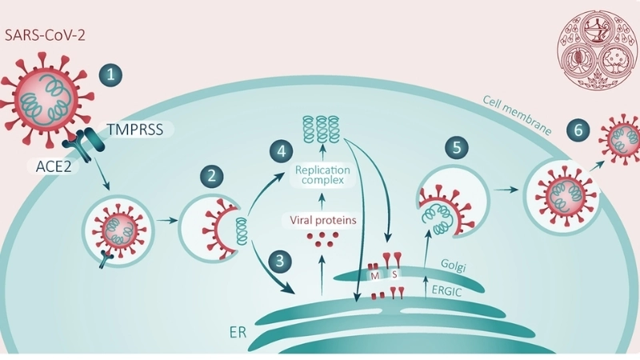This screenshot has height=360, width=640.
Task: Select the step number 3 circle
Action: coord(278,261)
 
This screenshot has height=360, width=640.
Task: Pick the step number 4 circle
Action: coord(278,150)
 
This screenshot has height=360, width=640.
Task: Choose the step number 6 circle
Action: coord(578,129)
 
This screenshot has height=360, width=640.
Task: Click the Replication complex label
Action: coord(322,175)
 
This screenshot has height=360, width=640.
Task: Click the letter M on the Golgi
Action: coord(374,274)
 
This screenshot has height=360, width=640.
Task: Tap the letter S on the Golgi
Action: coord(394,274)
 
